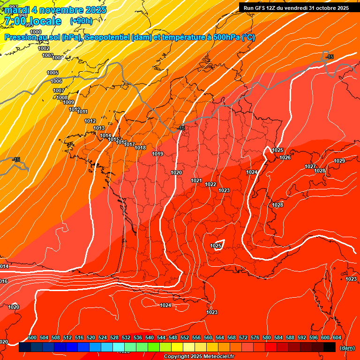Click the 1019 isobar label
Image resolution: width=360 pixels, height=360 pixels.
157,154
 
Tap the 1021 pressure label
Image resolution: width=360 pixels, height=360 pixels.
196,180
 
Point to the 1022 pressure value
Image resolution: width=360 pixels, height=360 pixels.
210,184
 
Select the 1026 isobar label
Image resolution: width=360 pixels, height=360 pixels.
285,157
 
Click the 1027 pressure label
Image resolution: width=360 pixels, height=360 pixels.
310,166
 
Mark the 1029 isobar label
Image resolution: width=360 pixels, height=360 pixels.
339,161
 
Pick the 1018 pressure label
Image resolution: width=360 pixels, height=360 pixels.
140,148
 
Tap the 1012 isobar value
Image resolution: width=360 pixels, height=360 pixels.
90,121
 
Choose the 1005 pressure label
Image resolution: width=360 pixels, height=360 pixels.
52,73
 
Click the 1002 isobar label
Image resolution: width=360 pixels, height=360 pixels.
44,48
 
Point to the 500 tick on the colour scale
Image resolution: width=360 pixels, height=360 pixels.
32,337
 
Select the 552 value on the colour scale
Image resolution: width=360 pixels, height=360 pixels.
185,337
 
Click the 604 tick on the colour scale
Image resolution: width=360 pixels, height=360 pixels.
337,337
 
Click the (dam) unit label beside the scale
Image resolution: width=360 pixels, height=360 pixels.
347,348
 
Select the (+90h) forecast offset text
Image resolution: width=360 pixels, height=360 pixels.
81,21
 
